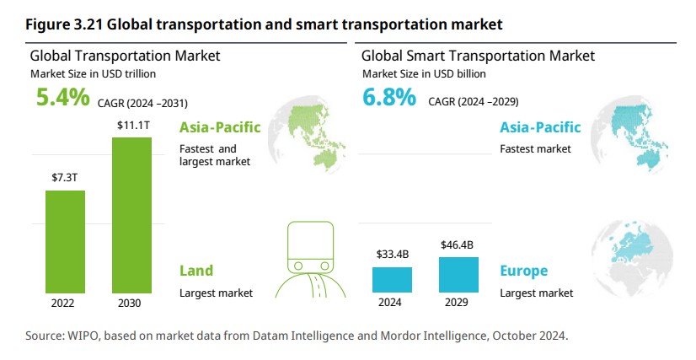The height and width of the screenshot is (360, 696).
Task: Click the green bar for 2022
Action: click(65, 240)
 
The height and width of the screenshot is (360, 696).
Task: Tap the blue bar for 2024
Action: click(392, 279)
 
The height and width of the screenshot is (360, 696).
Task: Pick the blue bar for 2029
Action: click(458, 274)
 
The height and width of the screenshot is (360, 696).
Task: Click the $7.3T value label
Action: click(65, 178)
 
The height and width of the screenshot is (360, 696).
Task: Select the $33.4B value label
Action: click(392, 254)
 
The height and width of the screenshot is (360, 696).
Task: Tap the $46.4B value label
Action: click(458, 244)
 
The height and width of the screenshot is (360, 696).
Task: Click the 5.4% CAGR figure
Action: click(62, 98)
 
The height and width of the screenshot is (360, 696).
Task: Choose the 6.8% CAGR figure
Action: click(388, 98)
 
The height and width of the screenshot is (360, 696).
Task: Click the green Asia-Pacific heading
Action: click(219, 128)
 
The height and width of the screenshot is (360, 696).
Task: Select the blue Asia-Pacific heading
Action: click(540, 128)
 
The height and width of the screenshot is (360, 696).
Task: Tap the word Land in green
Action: click(196, 271)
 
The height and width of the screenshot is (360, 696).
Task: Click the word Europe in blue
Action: click(523, 271)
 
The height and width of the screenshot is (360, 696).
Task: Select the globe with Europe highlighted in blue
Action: click(634, 254)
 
